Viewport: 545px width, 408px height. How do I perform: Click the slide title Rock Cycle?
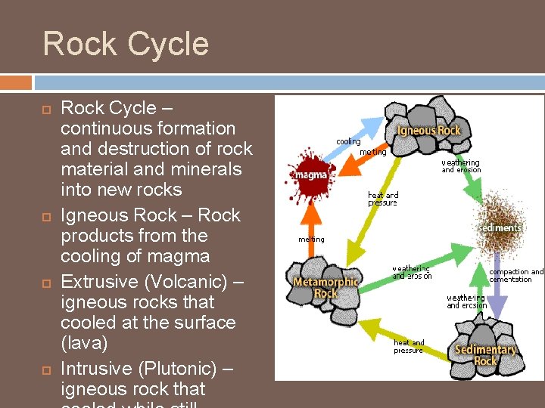coord(126,44)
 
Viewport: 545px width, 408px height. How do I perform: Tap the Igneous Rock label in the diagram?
coord(428,131)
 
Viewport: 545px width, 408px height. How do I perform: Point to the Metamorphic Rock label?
coord(325,288)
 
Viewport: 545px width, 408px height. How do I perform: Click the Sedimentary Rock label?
coord(485,355)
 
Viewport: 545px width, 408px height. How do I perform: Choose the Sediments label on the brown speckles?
coord(501,227)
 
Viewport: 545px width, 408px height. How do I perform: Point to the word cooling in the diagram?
coord(348,142)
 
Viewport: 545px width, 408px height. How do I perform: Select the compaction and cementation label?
coord(516,276)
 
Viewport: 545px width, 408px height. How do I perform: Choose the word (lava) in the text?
coord(84,343)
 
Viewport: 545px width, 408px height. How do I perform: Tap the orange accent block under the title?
coord(16,82)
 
